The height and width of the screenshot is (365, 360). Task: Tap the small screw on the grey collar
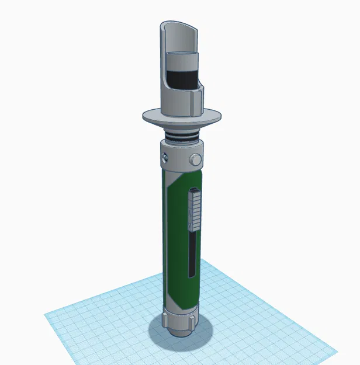pyautogui.click(x=165, y=156)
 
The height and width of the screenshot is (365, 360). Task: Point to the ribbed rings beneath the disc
pyautogui.click(x=180, y=136)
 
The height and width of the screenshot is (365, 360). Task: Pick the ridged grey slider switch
pyautogui.click(x=193, y=209)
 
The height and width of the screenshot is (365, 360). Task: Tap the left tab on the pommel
pyautogui.click(x=165, y=320)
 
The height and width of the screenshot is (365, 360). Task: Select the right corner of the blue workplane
pyautogui.click(x=336, y=352)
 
